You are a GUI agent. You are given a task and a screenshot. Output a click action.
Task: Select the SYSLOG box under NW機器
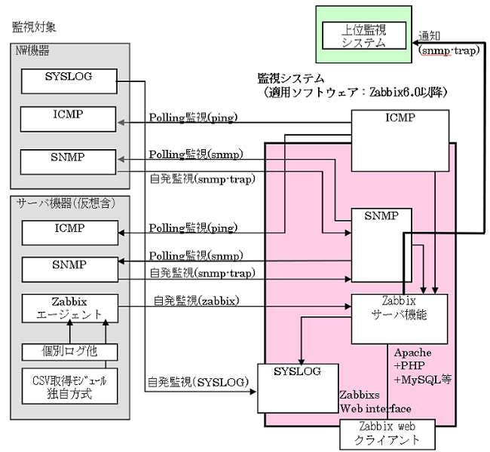[68, 78]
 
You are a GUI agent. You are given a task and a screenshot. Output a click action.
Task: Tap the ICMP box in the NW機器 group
[68, 118]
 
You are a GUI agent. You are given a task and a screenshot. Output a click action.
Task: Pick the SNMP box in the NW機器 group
[68, 160]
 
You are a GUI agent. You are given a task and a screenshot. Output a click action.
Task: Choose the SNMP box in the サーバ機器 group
[68, 267]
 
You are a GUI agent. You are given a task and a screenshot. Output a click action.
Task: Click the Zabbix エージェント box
[68, 307]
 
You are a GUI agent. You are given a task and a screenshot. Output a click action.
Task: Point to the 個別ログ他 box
[68, 350]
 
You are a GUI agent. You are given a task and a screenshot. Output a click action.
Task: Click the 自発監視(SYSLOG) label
[198, 383]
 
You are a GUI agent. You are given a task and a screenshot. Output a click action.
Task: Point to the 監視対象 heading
[34, 27]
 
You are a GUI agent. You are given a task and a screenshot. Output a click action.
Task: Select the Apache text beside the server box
[412, 353]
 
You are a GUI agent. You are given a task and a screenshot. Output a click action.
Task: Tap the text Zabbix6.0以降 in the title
[412, 93]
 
